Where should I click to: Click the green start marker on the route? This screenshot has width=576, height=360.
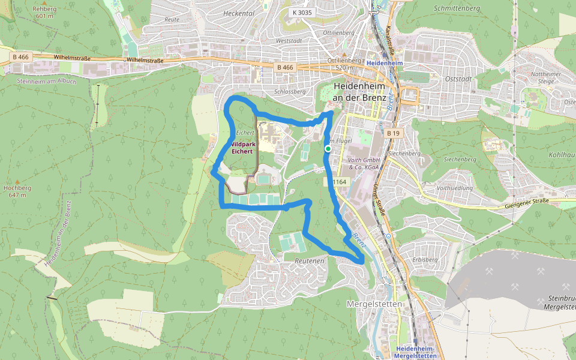tap(328, 148)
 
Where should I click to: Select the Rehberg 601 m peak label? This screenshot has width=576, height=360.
tap(44, 13)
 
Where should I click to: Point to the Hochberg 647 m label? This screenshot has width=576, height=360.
tap(17, 191)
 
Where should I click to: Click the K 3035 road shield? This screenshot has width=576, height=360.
tap(301, 12)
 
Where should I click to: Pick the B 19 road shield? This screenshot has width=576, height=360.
tap(393, 133)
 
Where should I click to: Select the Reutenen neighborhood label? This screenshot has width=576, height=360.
tap(310, 261)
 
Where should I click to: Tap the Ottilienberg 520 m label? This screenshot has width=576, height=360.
tap(344, 64)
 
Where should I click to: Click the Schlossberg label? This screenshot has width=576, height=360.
tap(287, 92)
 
